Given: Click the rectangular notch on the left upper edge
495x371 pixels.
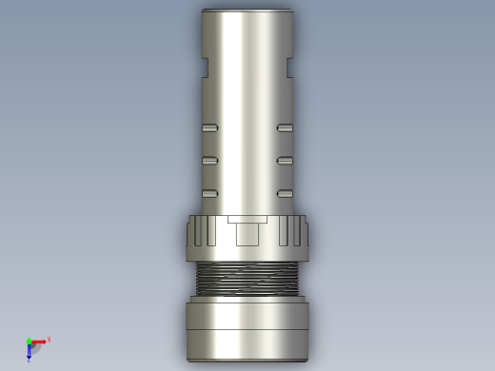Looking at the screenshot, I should point(205,68).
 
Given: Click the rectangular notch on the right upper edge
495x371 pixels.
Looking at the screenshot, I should point(289,68).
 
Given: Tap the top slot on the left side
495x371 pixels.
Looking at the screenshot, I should point(209,127).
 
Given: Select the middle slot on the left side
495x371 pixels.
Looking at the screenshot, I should point(209,161).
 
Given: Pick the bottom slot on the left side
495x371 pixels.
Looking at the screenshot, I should point(209,194).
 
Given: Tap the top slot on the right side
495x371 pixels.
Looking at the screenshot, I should point(285,127).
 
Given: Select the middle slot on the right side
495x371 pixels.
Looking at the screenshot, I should point(285,161).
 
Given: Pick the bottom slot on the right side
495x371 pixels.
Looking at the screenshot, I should point(285,194).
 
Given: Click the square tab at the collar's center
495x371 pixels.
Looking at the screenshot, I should point(247,231).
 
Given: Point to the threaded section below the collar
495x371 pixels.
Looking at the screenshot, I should point(247,279).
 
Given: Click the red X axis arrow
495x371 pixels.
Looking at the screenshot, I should point(39,342).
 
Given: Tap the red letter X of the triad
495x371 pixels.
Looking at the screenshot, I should point(49,340).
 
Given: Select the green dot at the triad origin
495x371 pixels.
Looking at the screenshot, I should point(29,342).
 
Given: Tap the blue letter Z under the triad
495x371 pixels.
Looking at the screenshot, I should point(29,361).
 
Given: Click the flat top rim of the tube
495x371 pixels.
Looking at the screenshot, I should point(247,10).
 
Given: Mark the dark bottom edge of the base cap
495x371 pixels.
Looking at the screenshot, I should point(247,361).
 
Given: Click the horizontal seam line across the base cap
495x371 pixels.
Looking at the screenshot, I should point(247,330).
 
